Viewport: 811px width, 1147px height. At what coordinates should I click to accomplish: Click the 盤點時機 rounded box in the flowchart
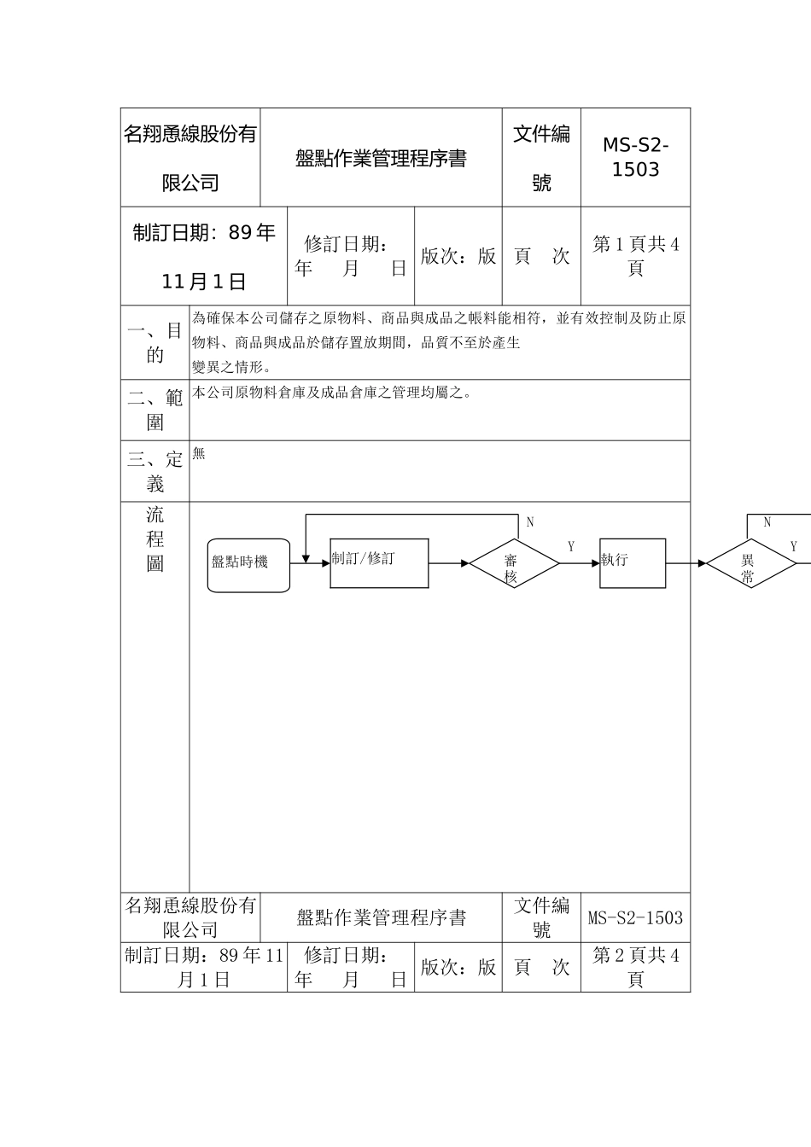coord(248,565)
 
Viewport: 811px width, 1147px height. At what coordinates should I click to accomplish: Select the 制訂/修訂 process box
coord(379,563)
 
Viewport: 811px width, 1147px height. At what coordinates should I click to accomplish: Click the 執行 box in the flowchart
coord(633,563)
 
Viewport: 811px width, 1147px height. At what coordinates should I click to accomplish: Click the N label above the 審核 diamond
coord(530,522)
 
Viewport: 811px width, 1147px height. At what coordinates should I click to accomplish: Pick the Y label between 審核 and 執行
coord(571,547)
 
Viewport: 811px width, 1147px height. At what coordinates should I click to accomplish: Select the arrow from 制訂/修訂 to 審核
coord(449,563)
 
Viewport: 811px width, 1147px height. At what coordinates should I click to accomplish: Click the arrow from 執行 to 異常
coord(686,563)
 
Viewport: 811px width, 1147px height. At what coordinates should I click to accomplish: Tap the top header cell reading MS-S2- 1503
coord(635,158)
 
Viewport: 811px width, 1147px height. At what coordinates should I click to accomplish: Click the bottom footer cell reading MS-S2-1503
coord(635,918)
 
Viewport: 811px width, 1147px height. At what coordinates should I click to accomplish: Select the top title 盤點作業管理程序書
coord(381,159)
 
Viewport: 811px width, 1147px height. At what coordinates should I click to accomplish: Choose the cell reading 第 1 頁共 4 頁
coord(635,256)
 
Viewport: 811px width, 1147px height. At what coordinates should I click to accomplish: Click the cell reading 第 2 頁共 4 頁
coord(635,968)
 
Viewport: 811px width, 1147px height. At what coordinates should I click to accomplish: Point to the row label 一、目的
coord(155,342)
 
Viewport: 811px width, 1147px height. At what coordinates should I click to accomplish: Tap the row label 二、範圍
coord(155,410)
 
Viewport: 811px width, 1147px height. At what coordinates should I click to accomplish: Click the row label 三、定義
coord(155,472)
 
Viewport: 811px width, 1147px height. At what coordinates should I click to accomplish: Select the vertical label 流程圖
coord(155,539)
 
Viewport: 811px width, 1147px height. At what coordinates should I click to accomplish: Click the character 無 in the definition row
coord(199,454)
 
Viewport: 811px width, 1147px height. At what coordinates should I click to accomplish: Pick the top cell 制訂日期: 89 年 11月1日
coord(204,256)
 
